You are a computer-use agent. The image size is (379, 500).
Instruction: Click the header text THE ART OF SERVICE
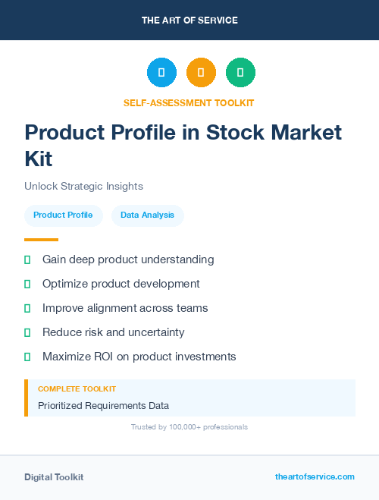[189, 20]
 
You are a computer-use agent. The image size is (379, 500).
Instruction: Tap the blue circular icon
[161, 73]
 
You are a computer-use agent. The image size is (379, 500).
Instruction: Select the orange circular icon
[201, 73]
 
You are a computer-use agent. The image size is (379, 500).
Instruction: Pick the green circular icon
[240, 73]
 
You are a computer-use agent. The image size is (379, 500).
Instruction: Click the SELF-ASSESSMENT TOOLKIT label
[189, 102]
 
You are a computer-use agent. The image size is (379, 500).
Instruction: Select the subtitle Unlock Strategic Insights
[83, 186]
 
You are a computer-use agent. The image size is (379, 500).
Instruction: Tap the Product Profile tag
[63, 215]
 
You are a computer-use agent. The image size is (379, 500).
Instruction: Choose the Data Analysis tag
[147, 215]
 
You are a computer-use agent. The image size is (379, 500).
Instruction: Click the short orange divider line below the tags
[41, 240]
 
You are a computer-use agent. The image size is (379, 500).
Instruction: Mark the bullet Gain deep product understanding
[128, 259]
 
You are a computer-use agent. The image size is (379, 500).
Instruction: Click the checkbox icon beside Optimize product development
[27, 284]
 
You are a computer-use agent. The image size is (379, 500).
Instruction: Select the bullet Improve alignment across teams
[125, 308]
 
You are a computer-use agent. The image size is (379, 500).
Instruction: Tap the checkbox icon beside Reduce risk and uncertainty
[27, 332]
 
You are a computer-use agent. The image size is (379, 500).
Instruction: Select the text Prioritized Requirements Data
[103, 405]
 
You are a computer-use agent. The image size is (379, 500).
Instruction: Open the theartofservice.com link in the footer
[315, 476]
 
